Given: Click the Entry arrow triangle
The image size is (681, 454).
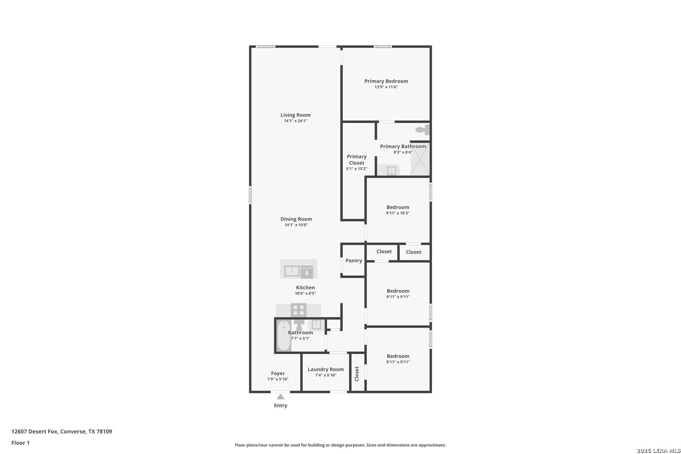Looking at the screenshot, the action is coord(281,397).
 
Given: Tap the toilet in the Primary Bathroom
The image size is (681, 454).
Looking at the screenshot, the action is coord(422,130).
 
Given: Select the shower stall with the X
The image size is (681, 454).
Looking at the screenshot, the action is coord(420,159).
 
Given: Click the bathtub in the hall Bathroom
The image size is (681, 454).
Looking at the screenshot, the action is coord(284,336).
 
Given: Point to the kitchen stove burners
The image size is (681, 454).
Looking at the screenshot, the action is coord(298,310).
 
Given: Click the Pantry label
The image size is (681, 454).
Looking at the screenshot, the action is coord(354,261).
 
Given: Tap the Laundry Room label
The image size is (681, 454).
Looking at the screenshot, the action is coord(326,370).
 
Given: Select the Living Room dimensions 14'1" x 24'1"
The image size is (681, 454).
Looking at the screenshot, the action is coord(296,121).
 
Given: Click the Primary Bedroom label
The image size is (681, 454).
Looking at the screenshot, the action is coord(386,81).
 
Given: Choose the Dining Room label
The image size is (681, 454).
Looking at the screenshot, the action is coord(296,219).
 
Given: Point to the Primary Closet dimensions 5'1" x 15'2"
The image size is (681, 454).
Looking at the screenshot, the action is coord(356,169).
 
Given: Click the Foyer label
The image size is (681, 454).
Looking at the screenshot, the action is coord(278,373).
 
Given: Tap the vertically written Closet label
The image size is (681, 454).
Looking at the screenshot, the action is coord(357,374).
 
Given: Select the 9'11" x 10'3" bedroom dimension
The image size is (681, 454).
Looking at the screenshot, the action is coord(398,213).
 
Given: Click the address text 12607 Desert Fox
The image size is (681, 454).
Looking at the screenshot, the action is coord(34,431).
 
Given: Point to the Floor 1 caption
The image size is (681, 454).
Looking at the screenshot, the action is coord(20,443).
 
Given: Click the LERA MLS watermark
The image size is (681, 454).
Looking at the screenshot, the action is coord(658,451).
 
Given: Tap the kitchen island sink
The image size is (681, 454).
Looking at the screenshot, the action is coord(292,271).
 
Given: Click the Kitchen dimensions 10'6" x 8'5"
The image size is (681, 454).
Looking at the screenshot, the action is coord(305,293).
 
